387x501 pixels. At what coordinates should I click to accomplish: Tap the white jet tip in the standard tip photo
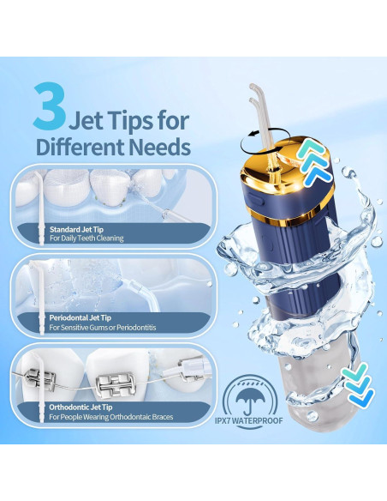coord(39,206)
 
